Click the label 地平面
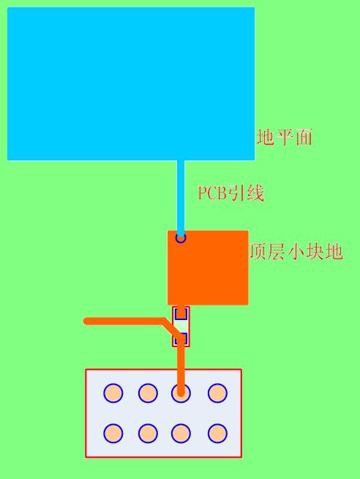click(285, 137)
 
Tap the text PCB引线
click(231, 193)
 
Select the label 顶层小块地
click(296, 252)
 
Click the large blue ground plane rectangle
click(131, 83)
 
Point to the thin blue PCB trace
click(181, 198)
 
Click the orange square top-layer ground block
click(208, 267)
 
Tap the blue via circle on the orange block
click(181, 237)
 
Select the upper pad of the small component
click(181, 313)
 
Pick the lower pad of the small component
click(181, 339)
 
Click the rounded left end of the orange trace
click(86, 321)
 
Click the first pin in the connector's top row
click(113, 393)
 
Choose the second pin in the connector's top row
click(148, 393)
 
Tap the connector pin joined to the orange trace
click(181, 393)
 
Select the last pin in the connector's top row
click(217, 393)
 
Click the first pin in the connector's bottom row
click(113, 433)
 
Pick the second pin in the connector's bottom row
click(148, 433)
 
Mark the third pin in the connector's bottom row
click(181, 433)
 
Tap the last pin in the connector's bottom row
click(217, 433)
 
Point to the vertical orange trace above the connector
click(181, 365)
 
